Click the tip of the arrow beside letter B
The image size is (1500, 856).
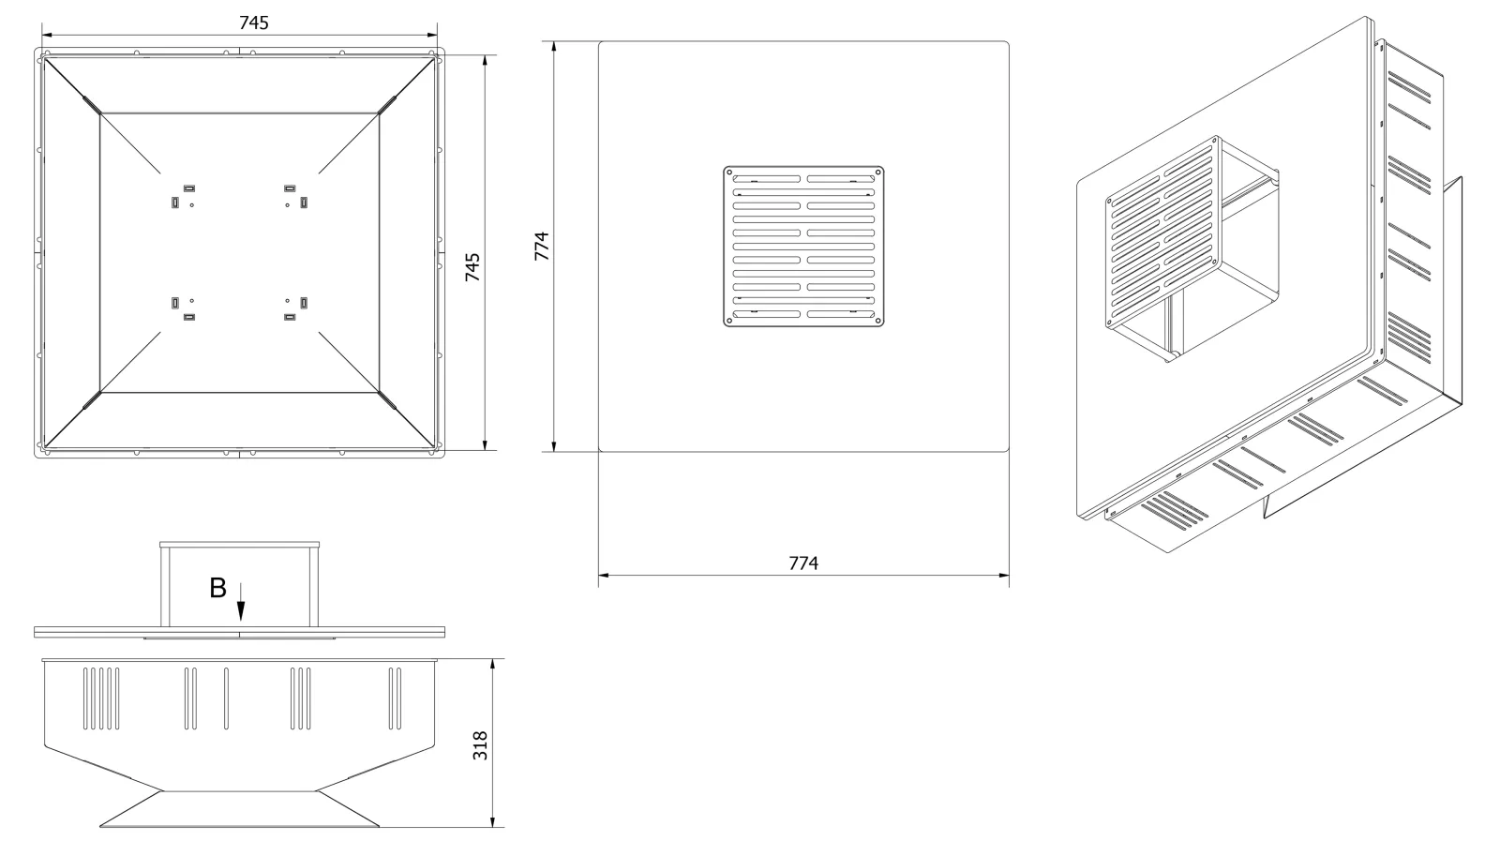coord(241,620)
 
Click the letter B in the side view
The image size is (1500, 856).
coord(218,588)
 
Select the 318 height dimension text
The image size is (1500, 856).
coord(480,745)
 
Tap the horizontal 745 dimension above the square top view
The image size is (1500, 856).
coord(254,23)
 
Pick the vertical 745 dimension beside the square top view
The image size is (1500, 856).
coord(472,266)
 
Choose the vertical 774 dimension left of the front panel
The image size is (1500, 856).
coord(542,246)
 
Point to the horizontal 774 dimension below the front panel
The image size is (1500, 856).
coord(803,563)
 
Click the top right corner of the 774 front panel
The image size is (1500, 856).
coord(1009,41)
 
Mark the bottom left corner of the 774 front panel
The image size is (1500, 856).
coord(599,452)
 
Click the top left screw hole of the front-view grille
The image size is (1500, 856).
coord(729,173)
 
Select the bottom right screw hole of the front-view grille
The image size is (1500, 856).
coord(877,321)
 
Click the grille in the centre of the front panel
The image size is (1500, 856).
coord(803,247)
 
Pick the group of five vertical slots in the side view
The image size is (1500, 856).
coord(101,698)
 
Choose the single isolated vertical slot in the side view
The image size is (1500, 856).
coord(226,698)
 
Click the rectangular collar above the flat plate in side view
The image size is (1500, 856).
coord(239,584)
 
